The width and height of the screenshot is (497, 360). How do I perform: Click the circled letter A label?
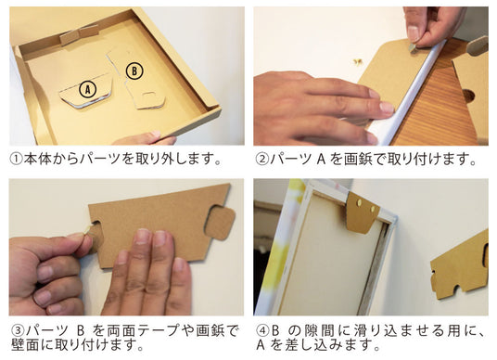(x=88, y=89)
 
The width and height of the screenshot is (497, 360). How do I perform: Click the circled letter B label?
(x=134, y=71)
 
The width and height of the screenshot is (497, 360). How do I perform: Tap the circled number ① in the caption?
(x=16, y=159)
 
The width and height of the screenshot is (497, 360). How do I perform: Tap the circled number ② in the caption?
(x=261, y=159)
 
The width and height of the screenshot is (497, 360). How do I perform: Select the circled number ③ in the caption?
(x=18, y=331)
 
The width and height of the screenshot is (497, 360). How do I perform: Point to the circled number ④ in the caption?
(x=261, y=331)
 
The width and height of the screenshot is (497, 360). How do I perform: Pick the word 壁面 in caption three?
(x=25, y=345)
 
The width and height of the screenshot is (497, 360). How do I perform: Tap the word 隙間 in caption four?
(x=320, y=331)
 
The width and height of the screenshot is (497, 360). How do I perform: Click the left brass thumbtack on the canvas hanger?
(x=361, y=201)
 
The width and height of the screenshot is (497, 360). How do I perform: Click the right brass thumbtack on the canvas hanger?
(x=373, y=209)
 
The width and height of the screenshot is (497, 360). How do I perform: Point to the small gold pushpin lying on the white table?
(x=359, y=61)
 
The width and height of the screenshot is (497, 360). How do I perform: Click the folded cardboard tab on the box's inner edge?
(x=79, y=34)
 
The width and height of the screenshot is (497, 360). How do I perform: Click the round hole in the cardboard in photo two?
(x=468, y=96)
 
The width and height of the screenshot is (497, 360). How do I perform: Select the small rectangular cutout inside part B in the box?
(x=149, y=96)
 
